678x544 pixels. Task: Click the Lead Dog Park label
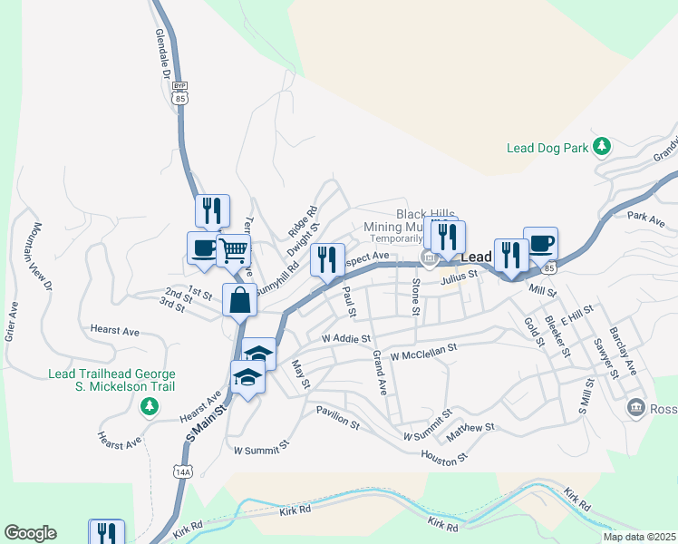pos(547,147)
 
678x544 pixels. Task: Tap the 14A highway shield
pos(184,472)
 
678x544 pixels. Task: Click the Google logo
pos(30,533)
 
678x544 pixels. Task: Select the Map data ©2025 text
pos(639,537)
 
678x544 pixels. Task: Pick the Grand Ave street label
pos(381,374)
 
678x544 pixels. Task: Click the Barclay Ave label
pos(623,350)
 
